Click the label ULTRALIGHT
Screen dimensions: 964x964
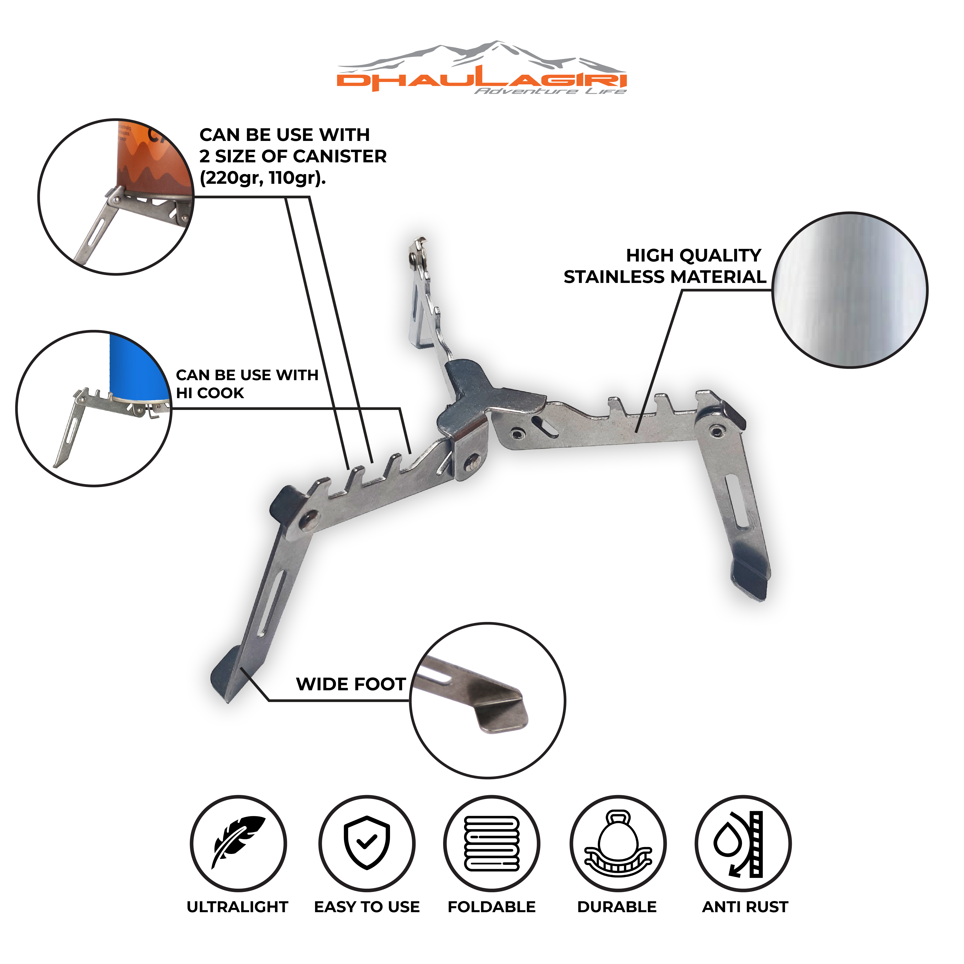click(238, 907)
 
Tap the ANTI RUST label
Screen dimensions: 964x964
click(745, 907)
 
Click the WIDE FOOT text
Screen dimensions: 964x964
click(351, 684)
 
